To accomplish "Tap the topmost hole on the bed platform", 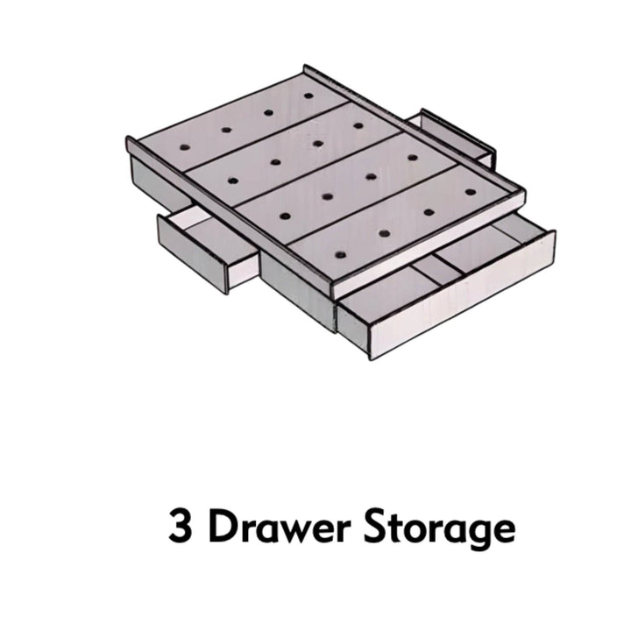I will point(308,95).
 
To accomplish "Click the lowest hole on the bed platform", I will point(339,255).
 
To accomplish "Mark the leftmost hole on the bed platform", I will point(183,146).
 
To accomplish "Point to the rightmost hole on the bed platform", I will point(471,191).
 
